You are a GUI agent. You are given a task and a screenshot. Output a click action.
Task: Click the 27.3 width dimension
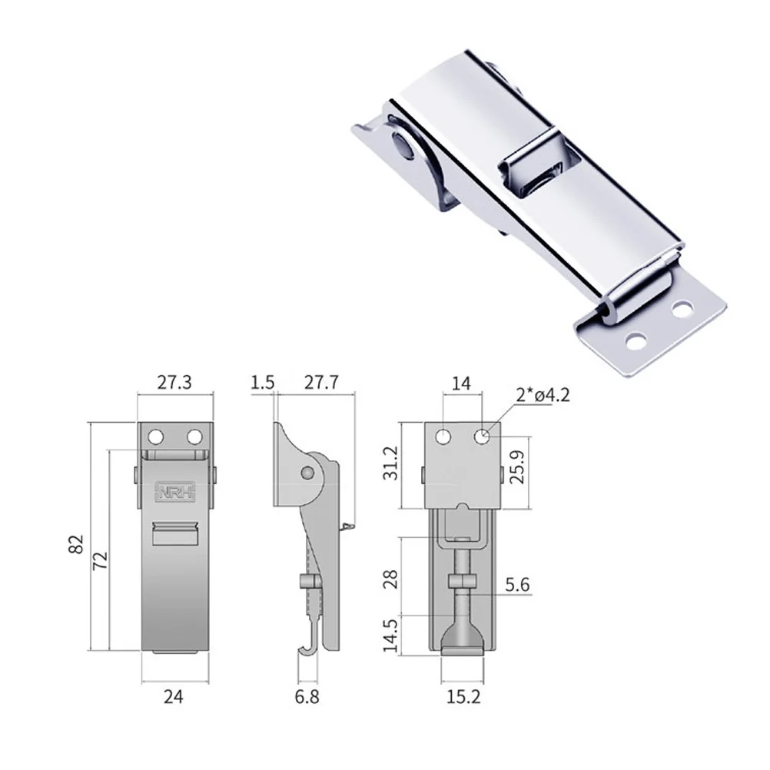[x=174, y=381]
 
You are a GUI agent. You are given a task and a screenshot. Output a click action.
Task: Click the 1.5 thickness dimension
[x=262, y=381]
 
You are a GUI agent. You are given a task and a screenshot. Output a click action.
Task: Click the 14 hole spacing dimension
[x=463, y=381]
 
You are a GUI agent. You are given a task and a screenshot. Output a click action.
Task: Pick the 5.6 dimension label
[x=516, y=586]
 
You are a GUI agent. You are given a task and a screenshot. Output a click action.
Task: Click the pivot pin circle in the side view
[x=309, y=472]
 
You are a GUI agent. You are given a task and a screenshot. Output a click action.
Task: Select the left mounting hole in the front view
[x=157, y=437]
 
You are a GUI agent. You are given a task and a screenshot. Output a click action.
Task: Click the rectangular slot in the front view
[x=174, y=533]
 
